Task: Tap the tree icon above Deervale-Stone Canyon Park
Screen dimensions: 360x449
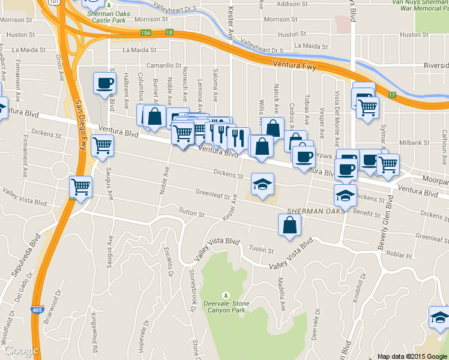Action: [x=226, y=295]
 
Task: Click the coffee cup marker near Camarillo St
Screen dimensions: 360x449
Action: [x=104, y=83]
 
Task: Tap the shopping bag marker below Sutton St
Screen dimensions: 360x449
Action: [x=289, y=226]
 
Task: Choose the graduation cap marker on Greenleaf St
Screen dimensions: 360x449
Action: [x=262, y=184]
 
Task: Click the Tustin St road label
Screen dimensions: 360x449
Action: [x=261, y=251]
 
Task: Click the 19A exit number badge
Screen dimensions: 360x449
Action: [x=146, y=33]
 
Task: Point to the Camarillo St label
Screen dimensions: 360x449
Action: [x=163, y=65]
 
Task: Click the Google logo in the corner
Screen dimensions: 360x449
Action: [x=21, y=350]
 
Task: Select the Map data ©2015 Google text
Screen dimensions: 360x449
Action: [x=412, y=356]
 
